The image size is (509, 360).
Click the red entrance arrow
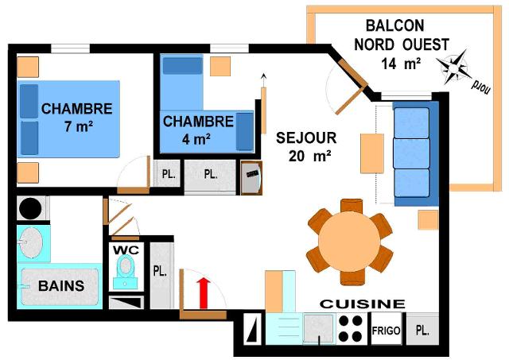203,292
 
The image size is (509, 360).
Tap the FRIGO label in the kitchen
387,329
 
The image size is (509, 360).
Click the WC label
126,250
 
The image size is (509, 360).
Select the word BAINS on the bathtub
61,285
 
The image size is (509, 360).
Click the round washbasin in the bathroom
32,242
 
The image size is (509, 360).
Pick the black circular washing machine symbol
31,209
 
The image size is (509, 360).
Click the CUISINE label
362,304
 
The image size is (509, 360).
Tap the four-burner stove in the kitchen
351,328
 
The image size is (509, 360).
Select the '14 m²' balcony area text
401,64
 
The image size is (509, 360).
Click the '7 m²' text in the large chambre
77,126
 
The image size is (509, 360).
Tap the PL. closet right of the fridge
422,329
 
